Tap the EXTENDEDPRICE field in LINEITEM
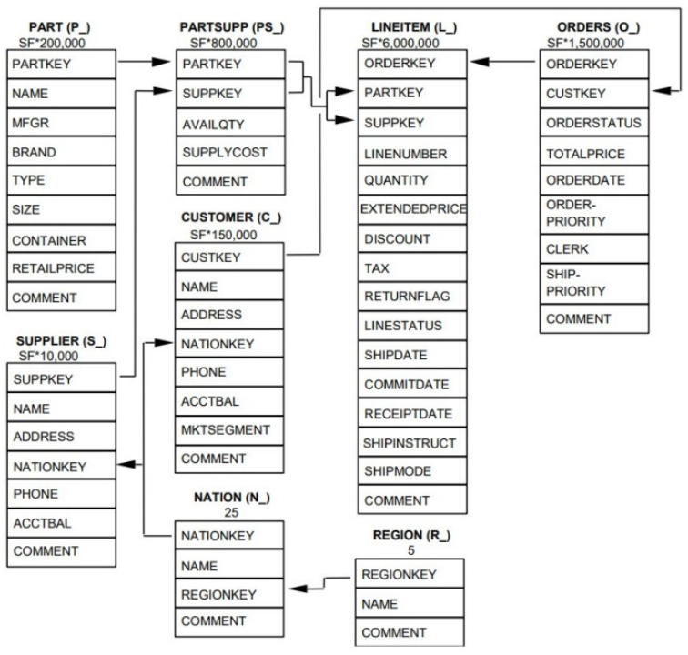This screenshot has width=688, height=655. click(x=414, y=209)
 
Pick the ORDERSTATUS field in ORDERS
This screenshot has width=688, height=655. click(x=592, y=123)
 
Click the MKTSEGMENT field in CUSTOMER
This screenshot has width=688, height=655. click(x=225, y=430)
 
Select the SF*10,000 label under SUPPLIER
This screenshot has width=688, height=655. click(x=47, y=356)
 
